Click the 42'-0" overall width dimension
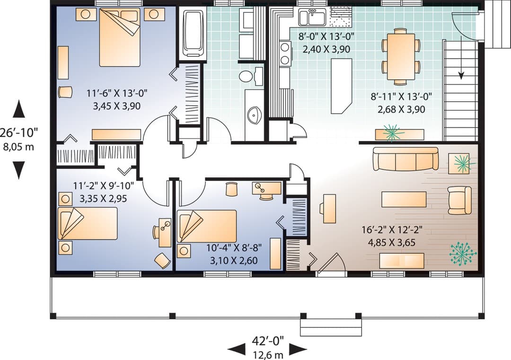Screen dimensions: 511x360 click(x=267, y=341)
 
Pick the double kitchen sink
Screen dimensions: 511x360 click(x=313, y=17)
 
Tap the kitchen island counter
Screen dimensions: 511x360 click(x=342, y=86)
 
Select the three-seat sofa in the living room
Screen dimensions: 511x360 click(x=406, y=158)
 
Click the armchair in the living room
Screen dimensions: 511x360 click(x=459, y=201)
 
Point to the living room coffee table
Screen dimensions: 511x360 click(x=404, y=199)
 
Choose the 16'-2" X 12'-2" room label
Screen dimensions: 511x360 click(x=392, y=230)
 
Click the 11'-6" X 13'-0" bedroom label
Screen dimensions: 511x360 click(x=117, y=93)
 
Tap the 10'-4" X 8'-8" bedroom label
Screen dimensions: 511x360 click(x=234, y=247)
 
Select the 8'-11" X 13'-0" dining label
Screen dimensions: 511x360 click(x=401, y=97)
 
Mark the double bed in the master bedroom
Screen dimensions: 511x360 click(x=120, y=37)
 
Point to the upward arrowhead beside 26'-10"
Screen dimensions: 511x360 click(x=18, y=109)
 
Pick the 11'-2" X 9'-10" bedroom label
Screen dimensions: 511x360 click(x=103, y=186)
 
